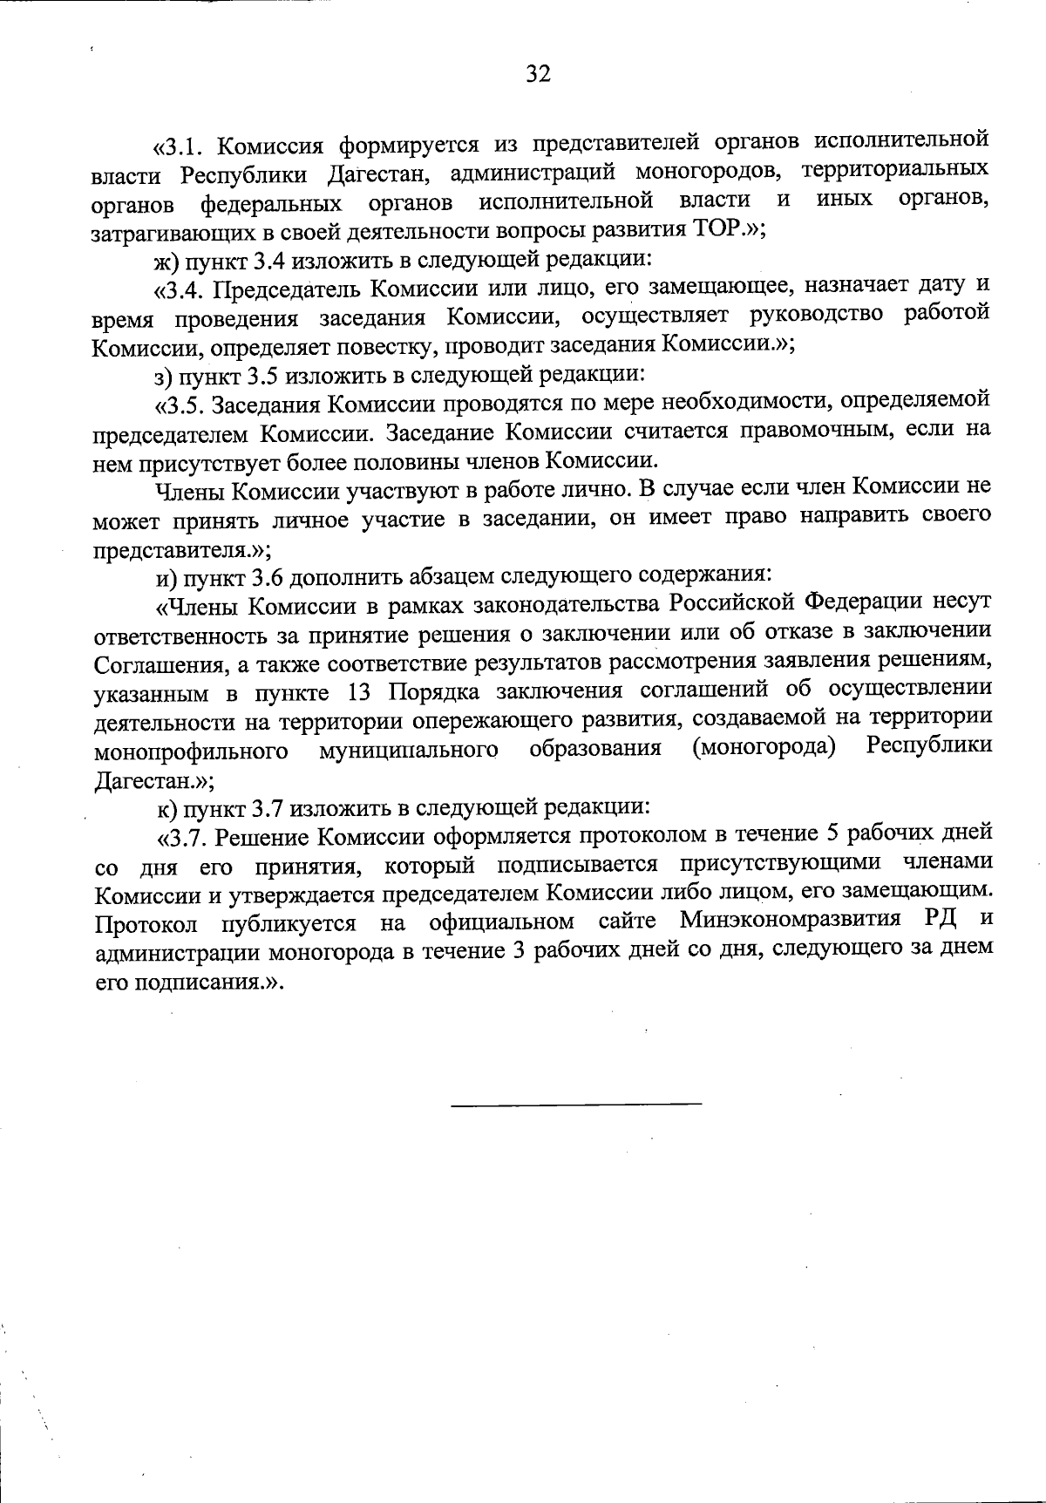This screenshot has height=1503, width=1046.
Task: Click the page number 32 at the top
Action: (539, 74)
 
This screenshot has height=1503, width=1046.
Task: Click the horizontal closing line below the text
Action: (576, 1105)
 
